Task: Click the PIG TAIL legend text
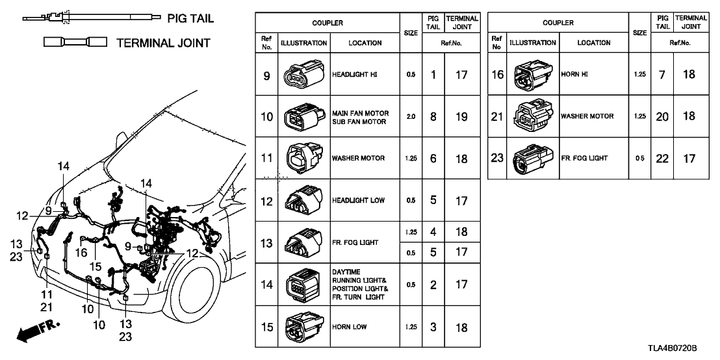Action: (190, 18)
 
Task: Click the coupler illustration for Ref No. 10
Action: (303, 117)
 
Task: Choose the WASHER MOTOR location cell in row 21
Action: (587, 116)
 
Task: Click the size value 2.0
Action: (410, 117)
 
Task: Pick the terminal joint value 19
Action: (461, 117)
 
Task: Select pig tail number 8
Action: (433, 117)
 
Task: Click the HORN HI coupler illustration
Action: (530, 75)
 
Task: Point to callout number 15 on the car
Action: (96, 266)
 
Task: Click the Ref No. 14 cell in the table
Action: (266, 285)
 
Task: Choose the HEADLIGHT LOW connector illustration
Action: (303, 200)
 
